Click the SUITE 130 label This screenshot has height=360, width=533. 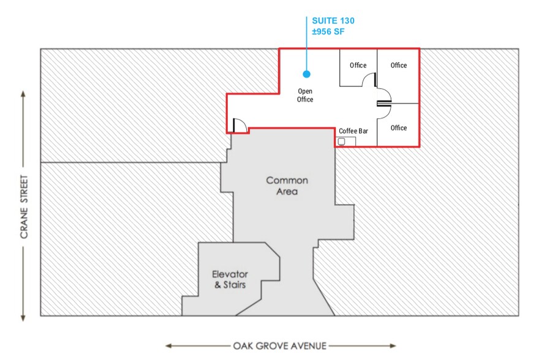click(333, 21)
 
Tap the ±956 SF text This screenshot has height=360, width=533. click(328, 32)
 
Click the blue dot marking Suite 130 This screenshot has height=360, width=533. click(306, 74)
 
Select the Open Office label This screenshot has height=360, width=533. click(305, 96)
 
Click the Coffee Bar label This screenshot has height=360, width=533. click(353, 131)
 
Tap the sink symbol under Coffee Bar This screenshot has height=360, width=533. click(342, 141)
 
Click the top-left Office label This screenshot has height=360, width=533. click(358, 66)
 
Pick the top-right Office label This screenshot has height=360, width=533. click(398, 66)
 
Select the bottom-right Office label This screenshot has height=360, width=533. click(398, 128)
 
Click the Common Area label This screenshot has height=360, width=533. click(287, 186)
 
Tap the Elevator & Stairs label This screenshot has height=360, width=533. click(230, 280)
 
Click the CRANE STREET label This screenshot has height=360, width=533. click(24, 206)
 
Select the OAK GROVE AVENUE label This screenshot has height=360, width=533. click(279, 346)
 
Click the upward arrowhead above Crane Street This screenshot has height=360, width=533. click(23, 94)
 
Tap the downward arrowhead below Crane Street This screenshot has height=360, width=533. click(23, 318)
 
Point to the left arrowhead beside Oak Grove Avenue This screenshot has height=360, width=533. click(168, 346)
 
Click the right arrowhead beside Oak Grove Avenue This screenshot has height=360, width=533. click(393, 346)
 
